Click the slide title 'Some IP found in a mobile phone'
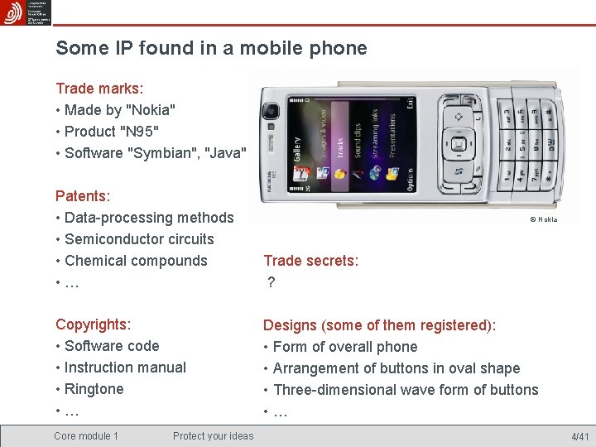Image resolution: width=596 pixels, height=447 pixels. tap(211, 48)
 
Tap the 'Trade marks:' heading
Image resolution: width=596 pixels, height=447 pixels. tap(99, 88)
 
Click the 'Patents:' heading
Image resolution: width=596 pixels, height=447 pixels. tap(83, 196)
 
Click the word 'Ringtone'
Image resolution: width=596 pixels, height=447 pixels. tap(94, 389)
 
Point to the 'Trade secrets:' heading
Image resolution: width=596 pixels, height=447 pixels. tap(310, 261)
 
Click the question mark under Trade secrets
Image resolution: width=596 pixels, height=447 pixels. tap(271, 283)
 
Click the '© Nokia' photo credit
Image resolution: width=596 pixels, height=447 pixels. tap(543, 219)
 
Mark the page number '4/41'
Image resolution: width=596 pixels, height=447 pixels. tap(579, 437)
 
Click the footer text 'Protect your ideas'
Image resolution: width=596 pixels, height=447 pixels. tap(214, 436)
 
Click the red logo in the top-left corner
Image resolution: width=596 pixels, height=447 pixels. tap(13, 13)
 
